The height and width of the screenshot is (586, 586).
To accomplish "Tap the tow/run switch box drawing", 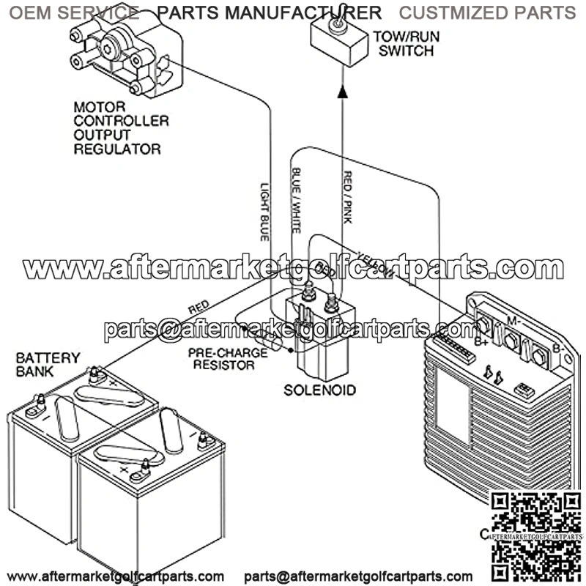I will [x=338, y=41].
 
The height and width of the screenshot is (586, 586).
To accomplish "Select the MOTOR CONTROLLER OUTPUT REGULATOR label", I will [x=121, y=128].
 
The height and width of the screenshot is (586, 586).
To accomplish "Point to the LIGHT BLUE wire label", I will [x=265, y=212].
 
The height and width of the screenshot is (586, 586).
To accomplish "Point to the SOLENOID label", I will [x=320, y=390].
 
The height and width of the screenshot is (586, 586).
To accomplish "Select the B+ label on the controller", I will [x=481, y=341].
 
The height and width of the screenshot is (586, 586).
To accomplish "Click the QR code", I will [x=535, y=535].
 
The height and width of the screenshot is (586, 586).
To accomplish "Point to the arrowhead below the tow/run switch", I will [x=341, y=90].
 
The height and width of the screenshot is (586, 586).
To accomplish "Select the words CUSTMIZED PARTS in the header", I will [x=487, y=12].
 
